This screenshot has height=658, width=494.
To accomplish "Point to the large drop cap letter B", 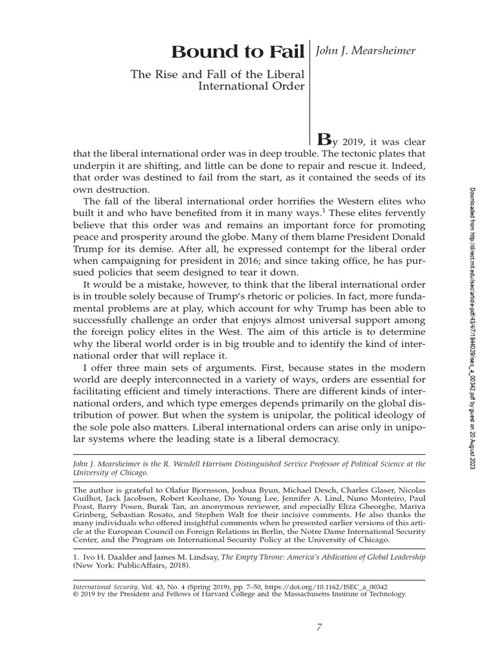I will (x=327, y=139).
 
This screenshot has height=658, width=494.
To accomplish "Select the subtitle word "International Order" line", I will (x=252, y=87).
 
